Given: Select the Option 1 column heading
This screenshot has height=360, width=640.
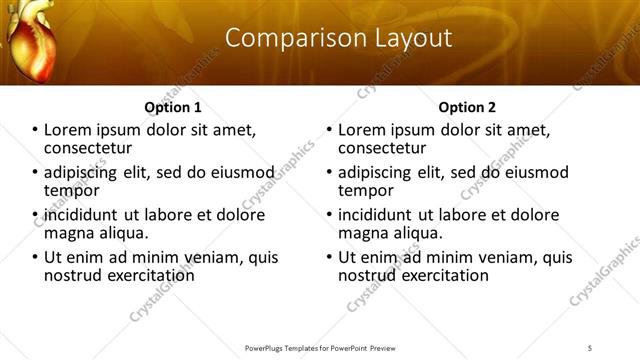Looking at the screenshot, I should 173,107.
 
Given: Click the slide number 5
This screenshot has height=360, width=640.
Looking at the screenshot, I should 590,347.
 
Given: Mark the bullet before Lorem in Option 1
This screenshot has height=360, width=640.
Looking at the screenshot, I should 35,130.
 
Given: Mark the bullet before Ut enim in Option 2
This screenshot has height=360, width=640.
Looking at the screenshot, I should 329,257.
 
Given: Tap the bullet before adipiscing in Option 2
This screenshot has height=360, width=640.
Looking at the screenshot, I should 329,172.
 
